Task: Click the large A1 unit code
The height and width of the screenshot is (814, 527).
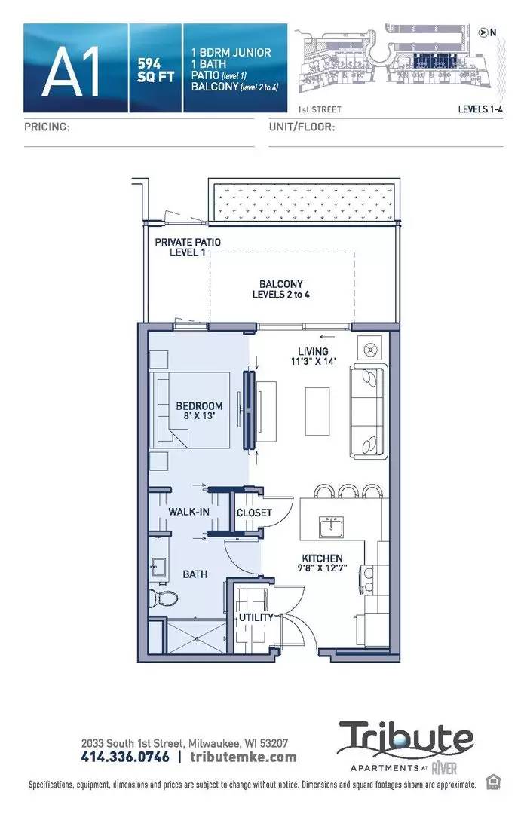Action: click(x=71, y=72)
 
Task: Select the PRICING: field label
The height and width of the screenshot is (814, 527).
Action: click(x=47, y=127)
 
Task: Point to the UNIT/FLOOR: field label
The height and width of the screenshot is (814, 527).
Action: click(x=302, y=127)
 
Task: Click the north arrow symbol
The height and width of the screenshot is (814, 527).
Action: click(x=483, y=32)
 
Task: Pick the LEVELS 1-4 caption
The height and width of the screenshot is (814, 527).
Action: click(x=480, y=109)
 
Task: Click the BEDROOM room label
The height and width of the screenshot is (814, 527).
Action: click(x=199, y=406)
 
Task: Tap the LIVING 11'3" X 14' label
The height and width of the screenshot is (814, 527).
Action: click(x=313, y=356)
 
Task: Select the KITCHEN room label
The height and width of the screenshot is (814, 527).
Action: click(x=322, y=558)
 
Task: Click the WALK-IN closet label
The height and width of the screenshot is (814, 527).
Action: click(x=189, y=512)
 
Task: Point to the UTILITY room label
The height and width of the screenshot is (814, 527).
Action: click(x=256, y=617)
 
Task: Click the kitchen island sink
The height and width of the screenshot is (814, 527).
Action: click(x=331, y=528)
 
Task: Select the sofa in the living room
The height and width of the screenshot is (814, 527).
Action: click(x=369, y=412)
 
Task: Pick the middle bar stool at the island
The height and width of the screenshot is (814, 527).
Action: click(x=348, y=491)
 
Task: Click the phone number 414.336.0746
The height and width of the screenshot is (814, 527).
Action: click(x=125, y=757)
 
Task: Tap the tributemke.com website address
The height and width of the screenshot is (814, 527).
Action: click(x=244, y=757)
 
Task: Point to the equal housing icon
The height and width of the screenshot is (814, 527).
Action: click(x=493, y=782)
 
